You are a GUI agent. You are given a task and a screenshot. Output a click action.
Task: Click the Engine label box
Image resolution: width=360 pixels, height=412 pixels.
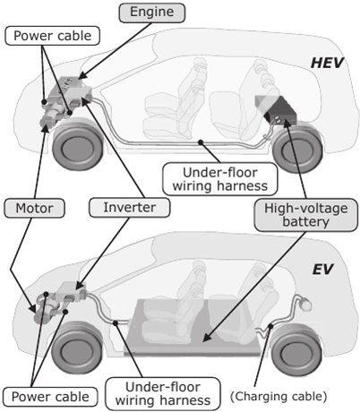tap(152, 13)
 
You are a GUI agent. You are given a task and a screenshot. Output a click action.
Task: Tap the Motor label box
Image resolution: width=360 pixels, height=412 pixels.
tap(34, 208)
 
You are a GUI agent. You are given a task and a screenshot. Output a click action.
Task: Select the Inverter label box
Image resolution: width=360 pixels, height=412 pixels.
tap(130, 207)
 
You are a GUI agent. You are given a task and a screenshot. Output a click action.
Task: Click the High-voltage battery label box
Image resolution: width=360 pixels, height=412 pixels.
tap(305, 215)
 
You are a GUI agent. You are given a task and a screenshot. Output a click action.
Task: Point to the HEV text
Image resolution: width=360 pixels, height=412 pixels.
tap(327, 63)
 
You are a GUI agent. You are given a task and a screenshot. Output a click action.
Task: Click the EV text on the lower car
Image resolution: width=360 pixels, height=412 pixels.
tap(322, 270)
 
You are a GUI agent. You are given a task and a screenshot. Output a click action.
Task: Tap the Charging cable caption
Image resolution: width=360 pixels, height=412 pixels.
tap(279, 396)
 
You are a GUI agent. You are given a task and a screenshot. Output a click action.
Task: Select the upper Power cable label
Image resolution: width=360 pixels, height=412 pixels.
tap(53, 36)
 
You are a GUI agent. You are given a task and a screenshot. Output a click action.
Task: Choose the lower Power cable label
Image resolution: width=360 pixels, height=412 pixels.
tap(50, 397)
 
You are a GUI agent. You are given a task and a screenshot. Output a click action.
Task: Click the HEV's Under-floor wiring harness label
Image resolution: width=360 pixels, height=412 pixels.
tap(220, 179)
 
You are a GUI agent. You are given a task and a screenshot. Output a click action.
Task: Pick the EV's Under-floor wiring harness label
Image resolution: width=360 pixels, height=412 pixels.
tap(163, 393)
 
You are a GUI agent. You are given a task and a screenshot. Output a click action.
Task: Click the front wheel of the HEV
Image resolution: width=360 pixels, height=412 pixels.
tap(78, 145)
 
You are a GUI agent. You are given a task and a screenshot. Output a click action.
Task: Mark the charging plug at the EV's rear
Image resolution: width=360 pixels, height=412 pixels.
tap(305, 304)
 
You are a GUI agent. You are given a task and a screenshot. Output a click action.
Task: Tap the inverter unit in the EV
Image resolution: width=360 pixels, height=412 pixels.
tap(72, 292)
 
